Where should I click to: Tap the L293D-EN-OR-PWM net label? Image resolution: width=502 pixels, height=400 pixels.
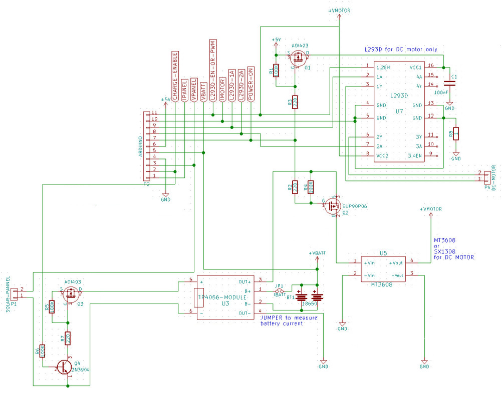[213, 70]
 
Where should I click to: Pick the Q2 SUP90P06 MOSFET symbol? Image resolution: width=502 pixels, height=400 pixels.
[333, 204]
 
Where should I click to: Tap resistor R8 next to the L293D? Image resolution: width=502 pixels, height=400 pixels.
[456, 134]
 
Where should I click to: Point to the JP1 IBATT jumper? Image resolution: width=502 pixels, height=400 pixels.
[280, 290]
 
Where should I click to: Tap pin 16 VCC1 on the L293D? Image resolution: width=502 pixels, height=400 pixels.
[430, 66]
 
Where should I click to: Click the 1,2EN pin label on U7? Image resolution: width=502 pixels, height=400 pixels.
[383, 66]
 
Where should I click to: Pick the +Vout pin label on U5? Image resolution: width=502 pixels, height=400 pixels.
[396, 262]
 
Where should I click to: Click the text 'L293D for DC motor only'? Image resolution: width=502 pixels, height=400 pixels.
[401, 49]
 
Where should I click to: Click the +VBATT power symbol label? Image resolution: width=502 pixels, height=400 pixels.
[317, 253]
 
